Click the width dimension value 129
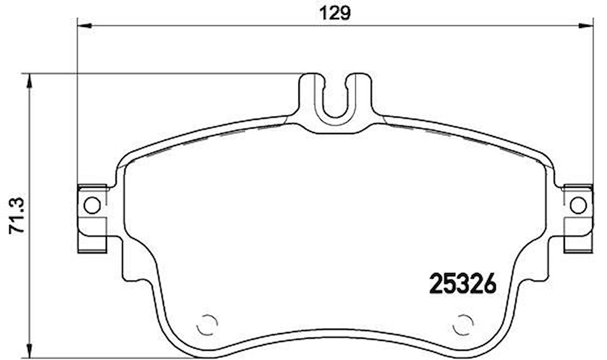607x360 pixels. (x=336, y=13)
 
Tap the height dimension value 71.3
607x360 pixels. (x=16, y=218)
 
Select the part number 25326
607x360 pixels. (x=462, y=283)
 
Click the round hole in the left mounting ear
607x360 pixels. (x=92, y=205)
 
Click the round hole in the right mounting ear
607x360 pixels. (x=578, y=205)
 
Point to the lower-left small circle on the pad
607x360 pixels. (x=207, y=324)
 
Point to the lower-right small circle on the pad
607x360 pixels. (x=462, y=324)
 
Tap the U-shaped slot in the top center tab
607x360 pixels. (x=335, y=98)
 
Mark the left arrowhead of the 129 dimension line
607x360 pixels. (x=84, y=25)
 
